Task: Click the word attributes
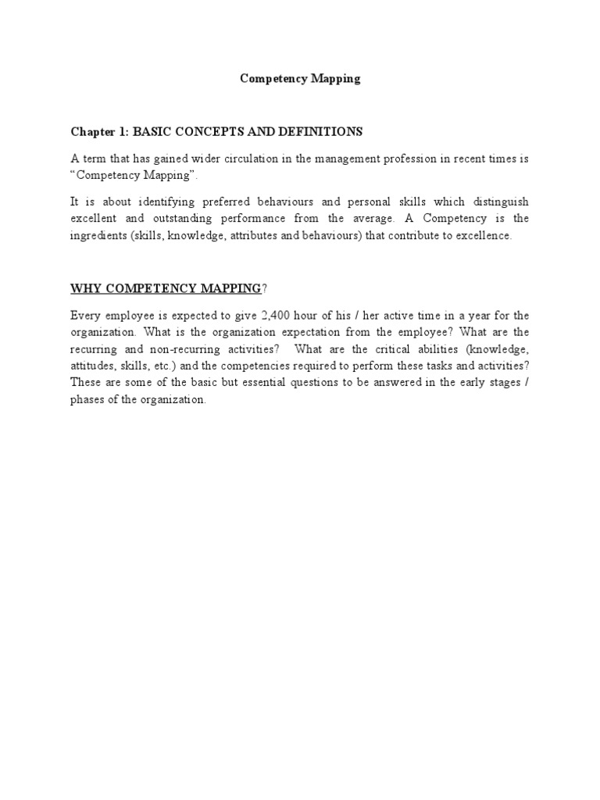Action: point(263,236)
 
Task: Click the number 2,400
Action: point(274,316)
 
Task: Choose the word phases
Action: point(88,400)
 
